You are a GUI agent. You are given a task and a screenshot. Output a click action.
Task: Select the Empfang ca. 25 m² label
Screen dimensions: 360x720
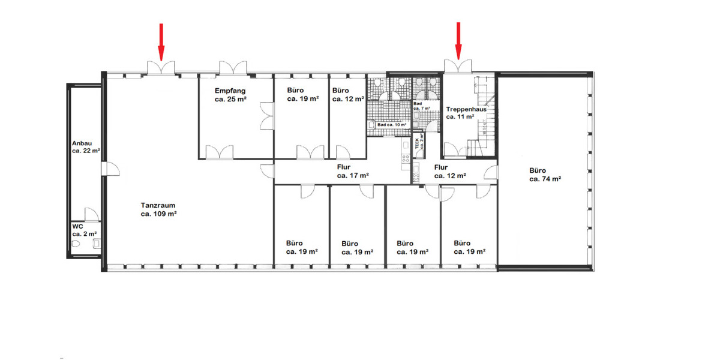pyautogui.click(x=230, y=95)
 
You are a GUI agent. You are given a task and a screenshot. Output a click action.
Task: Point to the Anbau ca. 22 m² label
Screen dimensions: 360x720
pyautogui.click(x=85, y=147)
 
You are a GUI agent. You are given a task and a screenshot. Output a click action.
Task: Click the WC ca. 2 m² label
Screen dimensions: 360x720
pyautogui.click(x=84, y=230)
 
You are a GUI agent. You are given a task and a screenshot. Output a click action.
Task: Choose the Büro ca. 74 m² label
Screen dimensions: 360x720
pyautogui.click(x=545, y=174)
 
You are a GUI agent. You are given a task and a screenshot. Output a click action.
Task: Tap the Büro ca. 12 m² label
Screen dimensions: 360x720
pyautogui.click(x=348, y=95)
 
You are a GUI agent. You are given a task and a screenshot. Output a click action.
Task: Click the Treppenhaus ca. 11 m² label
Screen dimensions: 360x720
pyautogui.click(x=465, y=113)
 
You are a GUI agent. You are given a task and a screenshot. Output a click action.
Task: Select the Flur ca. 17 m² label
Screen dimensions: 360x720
pyautogui.click(x=352, y=172)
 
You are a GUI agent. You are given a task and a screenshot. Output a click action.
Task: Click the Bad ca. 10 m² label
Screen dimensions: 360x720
pyautogui.click(x=392, y=125)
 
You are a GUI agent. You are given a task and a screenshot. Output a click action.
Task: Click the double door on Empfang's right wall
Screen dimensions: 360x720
pyautogui.click(x=265, y=115)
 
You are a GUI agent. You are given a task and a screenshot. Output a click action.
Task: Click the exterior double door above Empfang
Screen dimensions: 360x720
pyautogui.click(x=233, y=67)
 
